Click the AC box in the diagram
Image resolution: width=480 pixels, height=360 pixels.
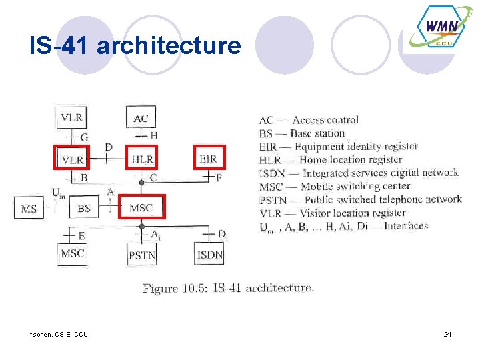coord(141,117)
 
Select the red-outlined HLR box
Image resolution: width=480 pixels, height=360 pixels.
coord(142,159)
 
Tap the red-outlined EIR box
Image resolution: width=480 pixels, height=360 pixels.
coord(209,158)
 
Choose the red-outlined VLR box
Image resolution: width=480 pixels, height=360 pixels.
coord(72,159)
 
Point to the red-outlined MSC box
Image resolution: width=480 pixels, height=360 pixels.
coord(141,207)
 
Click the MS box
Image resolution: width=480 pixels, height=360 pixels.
coord(29,209)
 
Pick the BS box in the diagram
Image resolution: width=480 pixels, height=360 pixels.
coord(84,208)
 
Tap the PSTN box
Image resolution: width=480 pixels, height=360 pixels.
coord(142,255)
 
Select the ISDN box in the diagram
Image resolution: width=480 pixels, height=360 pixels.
coord(209,255)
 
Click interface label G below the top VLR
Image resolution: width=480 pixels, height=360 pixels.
coord(84,137)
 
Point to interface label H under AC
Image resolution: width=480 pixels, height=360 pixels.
coord(154,136)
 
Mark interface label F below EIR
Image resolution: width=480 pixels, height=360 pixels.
coord(219,177)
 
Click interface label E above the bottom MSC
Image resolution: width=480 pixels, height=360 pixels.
coord(81,235)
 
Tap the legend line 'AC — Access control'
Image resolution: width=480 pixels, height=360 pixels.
coord(308,120)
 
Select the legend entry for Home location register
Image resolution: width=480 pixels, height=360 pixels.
coord(330,159)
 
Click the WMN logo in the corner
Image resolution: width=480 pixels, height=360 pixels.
coord(440,29)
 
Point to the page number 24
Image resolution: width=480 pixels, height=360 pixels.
coord(447,333)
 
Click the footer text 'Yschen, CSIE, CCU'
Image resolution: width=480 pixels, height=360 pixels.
coord(59,333)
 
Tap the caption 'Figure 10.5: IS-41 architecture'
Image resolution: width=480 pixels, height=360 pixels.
coord(228,288)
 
